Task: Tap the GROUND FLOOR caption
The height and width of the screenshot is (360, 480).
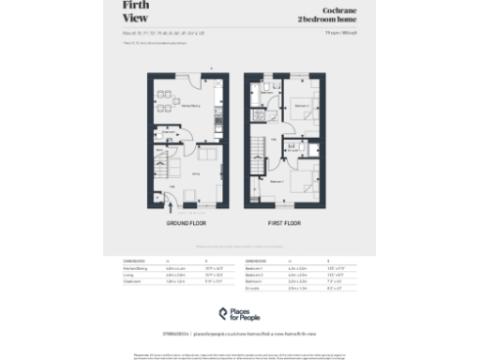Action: (x=186, y=224)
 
